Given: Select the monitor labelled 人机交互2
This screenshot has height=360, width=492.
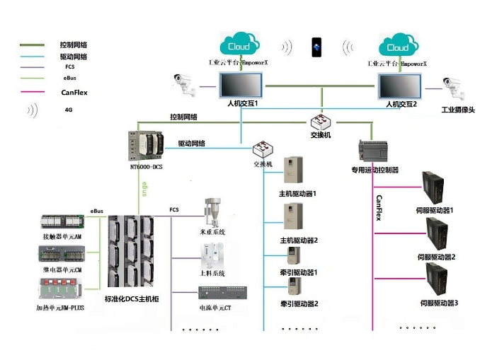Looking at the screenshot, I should point(401,86).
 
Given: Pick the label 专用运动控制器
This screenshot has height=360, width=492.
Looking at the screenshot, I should point(375,170).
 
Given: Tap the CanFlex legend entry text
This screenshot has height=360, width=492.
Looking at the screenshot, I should point(75,92).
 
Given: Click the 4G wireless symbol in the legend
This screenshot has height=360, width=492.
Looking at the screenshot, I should point(33,110).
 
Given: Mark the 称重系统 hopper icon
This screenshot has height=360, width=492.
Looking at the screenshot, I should point(211,212).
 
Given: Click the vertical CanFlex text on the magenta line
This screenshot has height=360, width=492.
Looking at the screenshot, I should point(379,207).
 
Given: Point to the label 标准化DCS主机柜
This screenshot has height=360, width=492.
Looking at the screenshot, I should point(132,300).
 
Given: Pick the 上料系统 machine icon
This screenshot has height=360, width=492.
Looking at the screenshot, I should point(212,255).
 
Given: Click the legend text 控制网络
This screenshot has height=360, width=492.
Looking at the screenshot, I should point(74,44).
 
